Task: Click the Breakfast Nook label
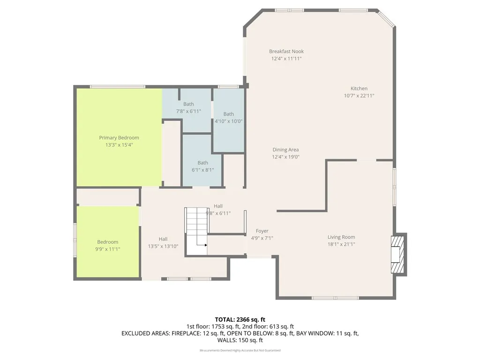pyautogui.click(x=286, y=52)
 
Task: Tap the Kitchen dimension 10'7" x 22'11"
pyautogui.click(x=359, y=96)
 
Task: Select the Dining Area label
pyautogui.click(x=286, y=150)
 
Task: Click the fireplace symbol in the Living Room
pyautogui.click(x=397, y=255)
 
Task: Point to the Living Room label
pyautogui.click(x=341, y=237)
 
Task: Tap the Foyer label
pyautogui.click(x=262, y=231)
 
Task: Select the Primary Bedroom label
pyautogui.click(x=119, y=138)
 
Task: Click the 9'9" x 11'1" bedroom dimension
pyautogui.click(x=108, y=249)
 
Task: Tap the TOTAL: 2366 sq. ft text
pyautogui.click(x=240, y=319)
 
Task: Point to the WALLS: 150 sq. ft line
pyautogui.click(x=240, y=340)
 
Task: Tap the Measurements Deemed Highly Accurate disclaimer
pyautogui.click(x=240, y=351)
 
